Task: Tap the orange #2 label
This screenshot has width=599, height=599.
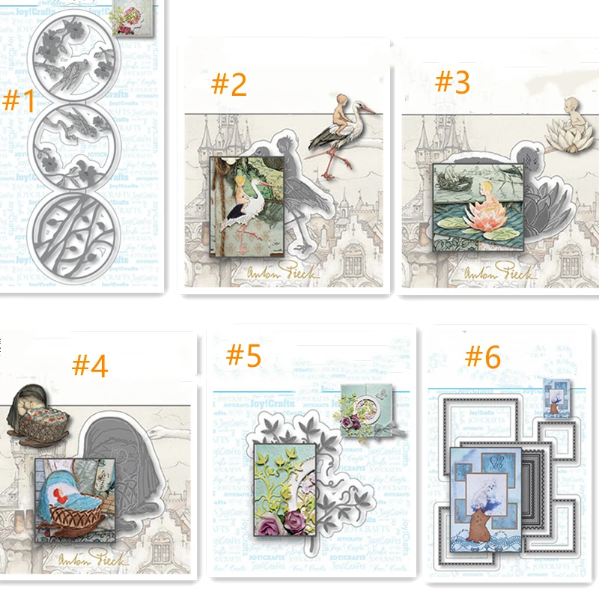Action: (229, 85)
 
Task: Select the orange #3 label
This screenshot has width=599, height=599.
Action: (451, 82)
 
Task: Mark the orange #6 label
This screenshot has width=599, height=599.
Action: (482, 356)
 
